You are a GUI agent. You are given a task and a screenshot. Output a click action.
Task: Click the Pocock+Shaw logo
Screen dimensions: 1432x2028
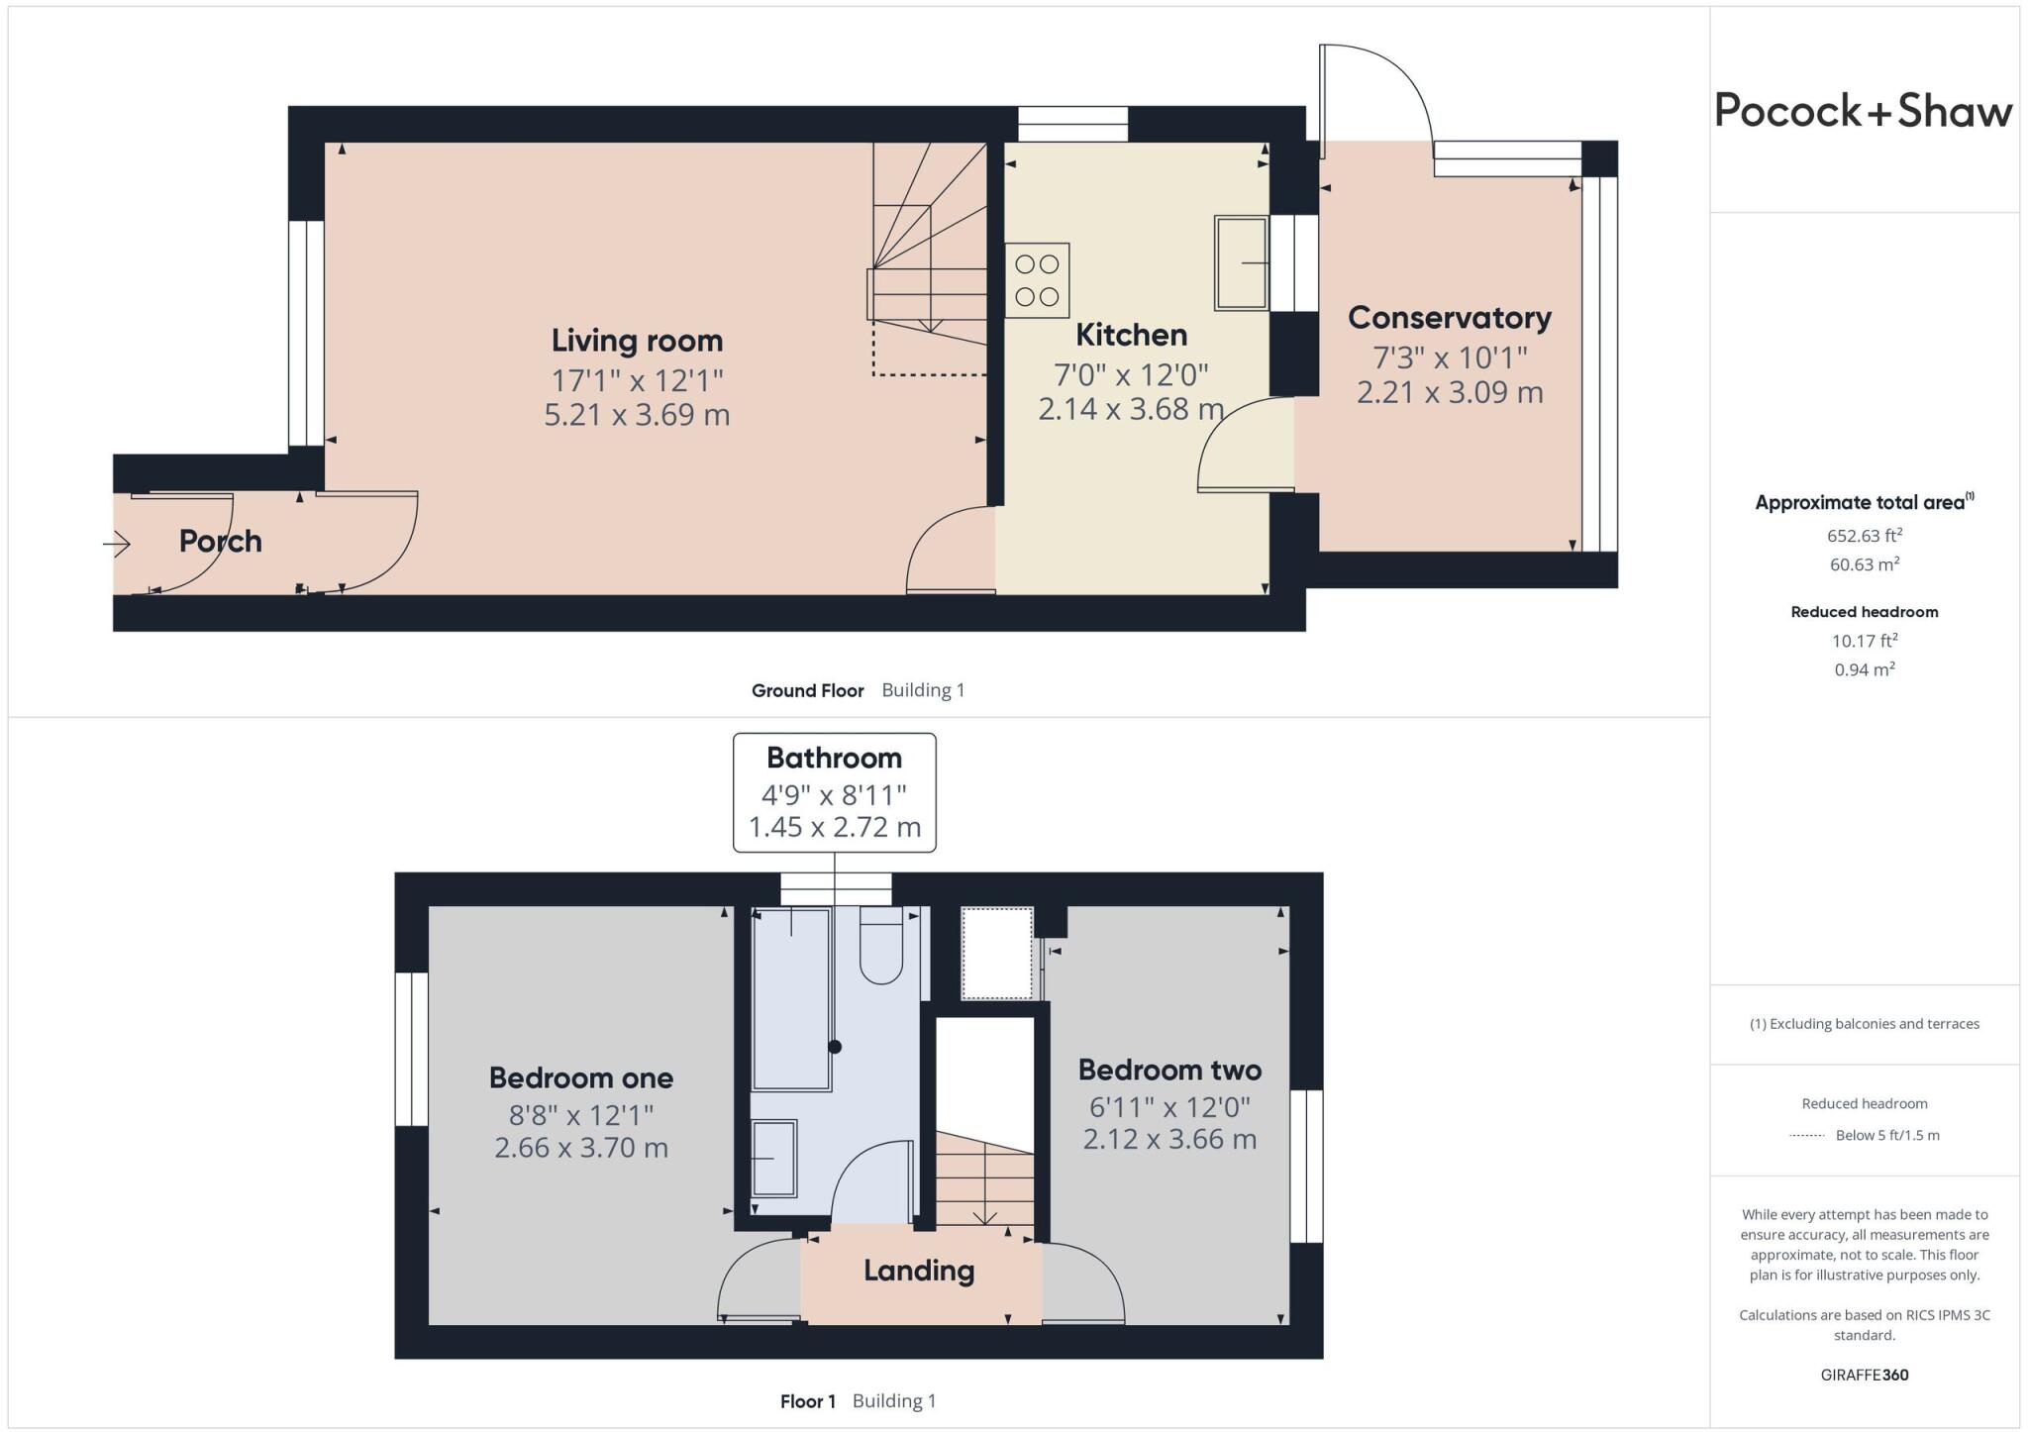pos(1863,111)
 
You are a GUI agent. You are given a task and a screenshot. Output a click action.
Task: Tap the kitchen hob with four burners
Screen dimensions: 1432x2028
pos(1037,280)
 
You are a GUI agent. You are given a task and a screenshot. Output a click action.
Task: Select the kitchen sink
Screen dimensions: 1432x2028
pos(1242,263)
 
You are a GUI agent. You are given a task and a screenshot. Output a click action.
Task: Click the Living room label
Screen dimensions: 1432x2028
pos(637,341)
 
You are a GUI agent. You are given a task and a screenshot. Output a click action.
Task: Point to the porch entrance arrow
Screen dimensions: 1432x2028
pos(117,544)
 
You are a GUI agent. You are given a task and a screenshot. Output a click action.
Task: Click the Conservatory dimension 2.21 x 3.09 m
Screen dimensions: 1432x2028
pos(1449,392)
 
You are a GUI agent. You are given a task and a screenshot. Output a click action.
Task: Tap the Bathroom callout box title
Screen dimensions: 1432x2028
pos(834,759)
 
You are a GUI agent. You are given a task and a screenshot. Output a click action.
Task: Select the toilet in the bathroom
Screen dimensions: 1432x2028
pos(880,948)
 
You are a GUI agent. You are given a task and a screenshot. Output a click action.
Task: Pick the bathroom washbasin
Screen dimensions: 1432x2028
pos(773,1158)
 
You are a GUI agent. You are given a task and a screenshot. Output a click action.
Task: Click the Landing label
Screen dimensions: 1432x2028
pos(919,1271)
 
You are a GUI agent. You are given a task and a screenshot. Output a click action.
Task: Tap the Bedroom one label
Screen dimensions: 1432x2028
pos(581,1077)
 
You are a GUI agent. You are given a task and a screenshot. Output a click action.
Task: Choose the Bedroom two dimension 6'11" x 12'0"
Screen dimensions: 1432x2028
pos(1169,1106)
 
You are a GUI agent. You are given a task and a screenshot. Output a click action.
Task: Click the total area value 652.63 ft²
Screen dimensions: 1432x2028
pos(1864,536)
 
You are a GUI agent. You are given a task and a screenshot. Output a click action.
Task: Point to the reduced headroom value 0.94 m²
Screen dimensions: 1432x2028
pos(1864,669)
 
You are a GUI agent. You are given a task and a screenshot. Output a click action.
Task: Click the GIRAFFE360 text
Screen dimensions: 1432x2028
pos(1864,1375)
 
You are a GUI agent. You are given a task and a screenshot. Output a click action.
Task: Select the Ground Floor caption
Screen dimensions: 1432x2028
pos(807,690)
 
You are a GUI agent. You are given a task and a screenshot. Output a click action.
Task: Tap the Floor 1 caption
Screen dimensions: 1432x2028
pos(807,1401)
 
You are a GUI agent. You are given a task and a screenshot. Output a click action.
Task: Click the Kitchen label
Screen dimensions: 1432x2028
pos(1131,335)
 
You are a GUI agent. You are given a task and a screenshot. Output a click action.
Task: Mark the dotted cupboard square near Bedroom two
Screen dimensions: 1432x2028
pos(997,953)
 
